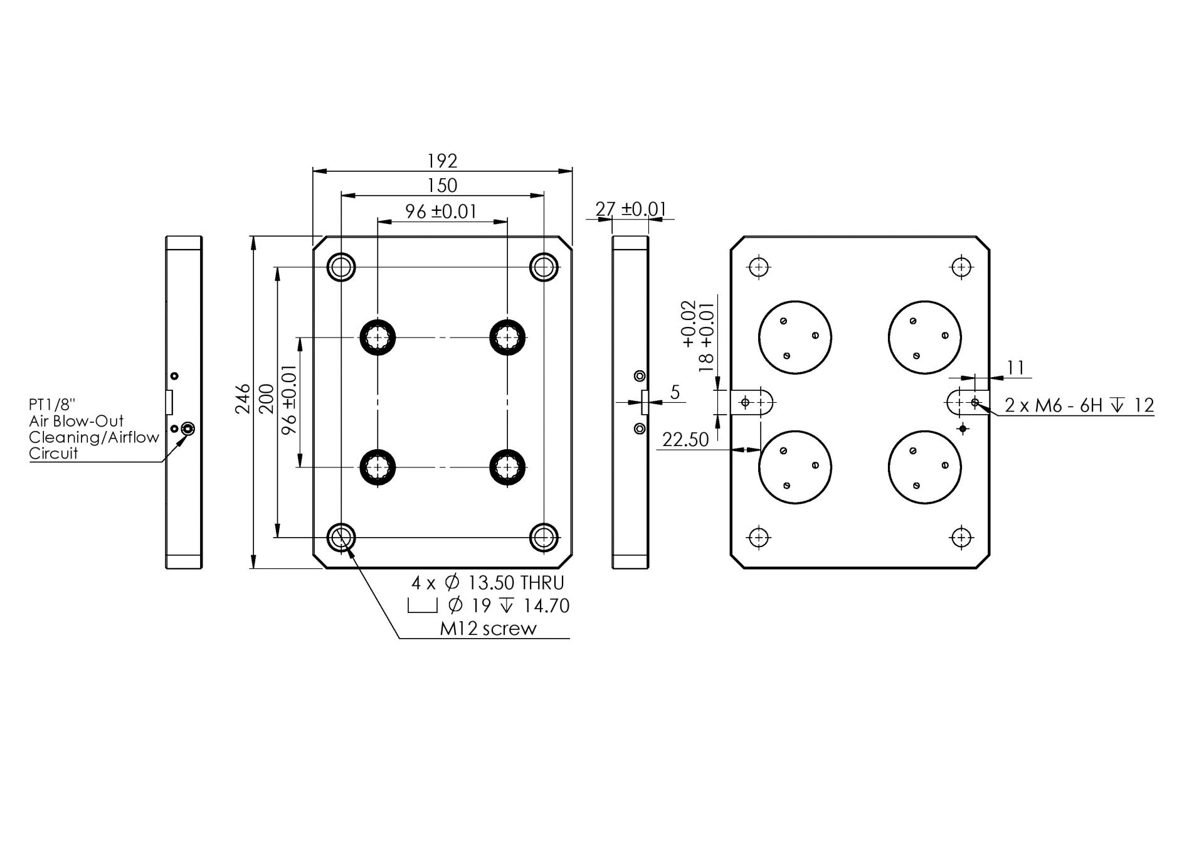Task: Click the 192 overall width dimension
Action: [442, 161]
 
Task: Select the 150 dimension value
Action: [442, 186]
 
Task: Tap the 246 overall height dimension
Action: [243, 399]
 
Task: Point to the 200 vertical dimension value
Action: [267, 399]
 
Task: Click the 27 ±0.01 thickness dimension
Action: [630, 209]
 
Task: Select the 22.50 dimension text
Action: [685, 440]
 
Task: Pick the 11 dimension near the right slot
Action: [1015, 368]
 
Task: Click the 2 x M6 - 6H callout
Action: [1079, 406]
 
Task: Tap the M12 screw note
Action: [488, 629]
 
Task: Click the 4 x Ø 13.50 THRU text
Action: [488, 583]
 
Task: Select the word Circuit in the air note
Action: [53, 454]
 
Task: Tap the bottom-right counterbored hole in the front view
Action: [544, 537]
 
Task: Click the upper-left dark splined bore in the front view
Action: [378, 338]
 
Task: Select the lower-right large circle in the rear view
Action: [924, 467]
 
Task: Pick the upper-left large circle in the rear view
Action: [795, 338]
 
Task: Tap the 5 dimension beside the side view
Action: [675, 393]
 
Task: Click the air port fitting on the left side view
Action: [187, 429]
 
